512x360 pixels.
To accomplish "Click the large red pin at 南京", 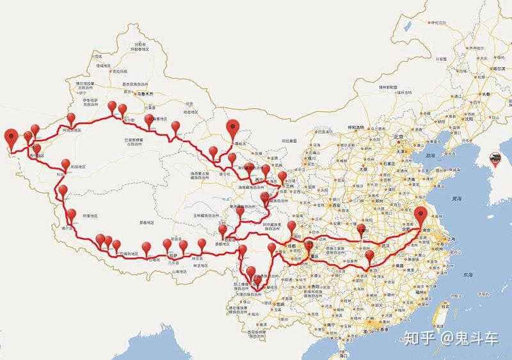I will click(420, 216).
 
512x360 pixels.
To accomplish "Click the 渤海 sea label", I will click(430, 155).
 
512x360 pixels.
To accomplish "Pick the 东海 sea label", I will click(467, 274).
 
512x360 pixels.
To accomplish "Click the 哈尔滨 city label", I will click(499, 68).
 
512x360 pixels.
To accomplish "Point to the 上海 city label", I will click(452, 239).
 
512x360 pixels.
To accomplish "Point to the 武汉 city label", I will click(385, 245).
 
